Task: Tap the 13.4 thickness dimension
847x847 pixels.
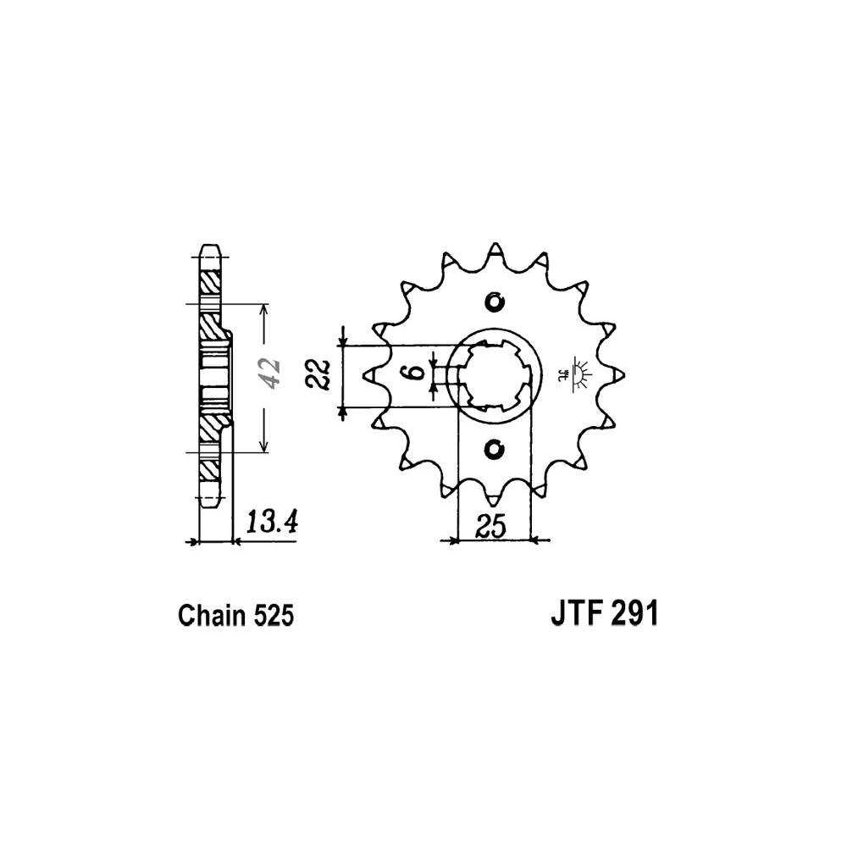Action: [x=272, y=523]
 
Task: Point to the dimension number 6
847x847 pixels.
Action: [x=414, y=373]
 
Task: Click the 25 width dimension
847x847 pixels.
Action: [x=491, y=526]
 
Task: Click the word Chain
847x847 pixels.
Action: [x=213, y=615]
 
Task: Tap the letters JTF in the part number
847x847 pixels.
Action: [x=573, y=614]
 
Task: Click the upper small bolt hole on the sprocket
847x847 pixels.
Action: [x=494, y=302]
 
